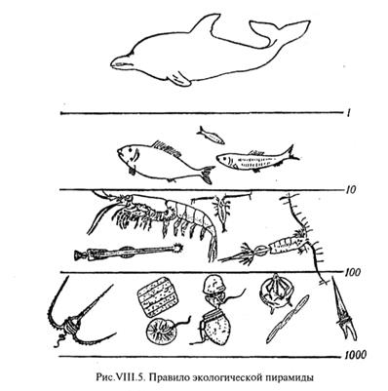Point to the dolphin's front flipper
(x=178, y=78)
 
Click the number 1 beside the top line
(x=347, y=114)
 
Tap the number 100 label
(x=352, y=272)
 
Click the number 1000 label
(x=355, y=355)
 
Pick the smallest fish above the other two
(x=211, y=136)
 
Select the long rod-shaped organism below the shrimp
(x=129, y=252)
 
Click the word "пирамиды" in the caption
(x=289, y=377)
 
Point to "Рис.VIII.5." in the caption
(x=121, y=377)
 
